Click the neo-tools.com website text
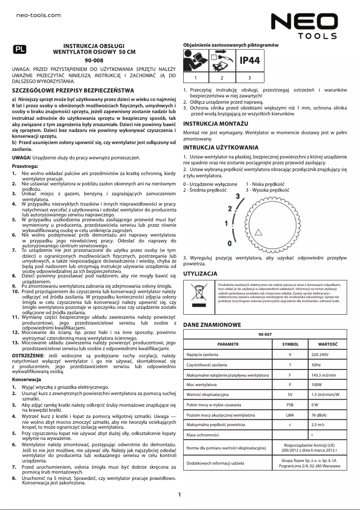click(38, 15)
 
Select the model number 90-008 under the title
click(94, 60)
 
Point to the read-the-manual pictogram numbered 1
click(195, 61)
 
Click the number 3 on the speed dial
click(237, 196)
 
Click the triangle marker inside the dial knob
click(258, 232)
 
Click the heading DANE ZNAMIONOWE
click(212, 325)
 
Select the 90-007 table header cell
click(265, 334)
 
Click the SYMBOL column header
click(290, 344)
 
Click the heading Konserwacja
click(26, 379)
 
